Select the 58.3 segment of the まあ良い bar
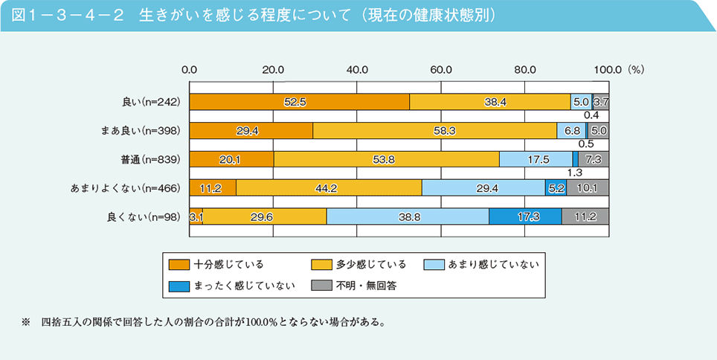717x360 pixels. click(x=434, y=131)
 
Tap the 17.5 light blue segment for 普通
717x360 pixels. click(x=536, y=159)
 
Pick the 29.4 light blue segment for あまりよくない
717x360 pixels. click(x=483, y=187)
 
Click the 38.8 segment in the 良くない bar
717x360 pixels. click(x=408, y=216)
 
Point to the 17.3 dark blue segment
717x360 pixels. click(x=525, y=216)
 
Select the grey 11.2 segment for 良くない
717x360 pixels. click(x=585, y=216)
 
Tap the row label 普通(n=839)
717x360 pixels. click(x=148, y=159)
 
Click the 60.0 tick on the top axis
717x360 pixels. click(x=441, y=69)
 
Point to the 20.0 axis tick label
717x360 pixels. click(x=273, y=69)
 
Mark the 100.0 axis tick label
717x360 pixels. click(x=607, y=69)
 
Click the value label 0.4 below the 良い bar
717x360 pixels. click(x=592, y=116)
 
